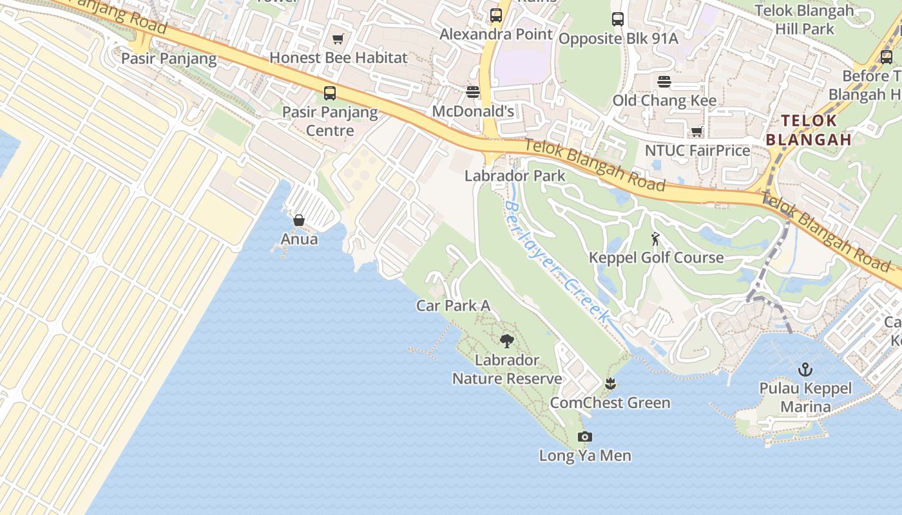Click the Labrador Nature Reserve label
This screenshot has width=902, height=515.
click(x=507, y=370)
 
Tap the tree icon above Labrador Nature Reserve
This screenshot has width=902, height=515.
click(x=507, y=341)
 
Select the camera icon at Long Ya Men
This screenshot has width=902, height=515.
click(x=584, y=436)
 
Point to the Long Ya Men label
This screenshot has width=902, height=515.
click(x=585, y=456)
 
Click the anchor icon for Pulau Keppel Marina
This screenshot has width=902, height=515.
click(x=805, y=370)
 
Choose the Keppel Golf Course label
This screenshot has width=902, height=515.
click(x=656, y=257)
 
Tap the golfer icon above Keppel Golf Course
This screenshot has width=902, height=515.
click(x=656, y=239)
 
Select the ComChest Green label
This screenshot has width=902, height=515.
click(x=609, y=403)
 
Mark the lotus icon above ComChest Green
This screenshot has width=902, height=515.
click(x=610, y=384)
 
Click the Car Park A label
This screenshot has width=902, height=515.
click(x=453, y=306)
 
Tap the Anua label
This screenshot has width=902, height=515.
click(x=299, y=239)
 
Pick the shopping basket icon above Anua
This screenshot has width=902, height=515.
click(x=299, y=221)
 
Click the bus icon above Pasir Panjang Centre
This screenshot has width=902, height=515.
click(x=330, y=93)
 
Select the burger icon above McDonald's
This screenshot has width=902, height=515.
click(x=473, y=92)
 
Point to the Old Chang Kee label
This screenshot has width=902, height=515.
click(x=664, y=100)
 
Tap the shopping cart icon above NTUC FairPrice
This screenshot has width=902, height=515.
click(x=696, y=132)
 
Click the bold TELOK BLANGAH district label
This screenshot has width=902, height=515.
click(x=809, y=130)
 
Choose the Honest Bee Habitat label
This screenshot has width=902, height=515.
click(x=338, y=58)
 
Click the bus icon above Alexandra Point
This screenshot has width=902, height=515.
click(x=496, y=15)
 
